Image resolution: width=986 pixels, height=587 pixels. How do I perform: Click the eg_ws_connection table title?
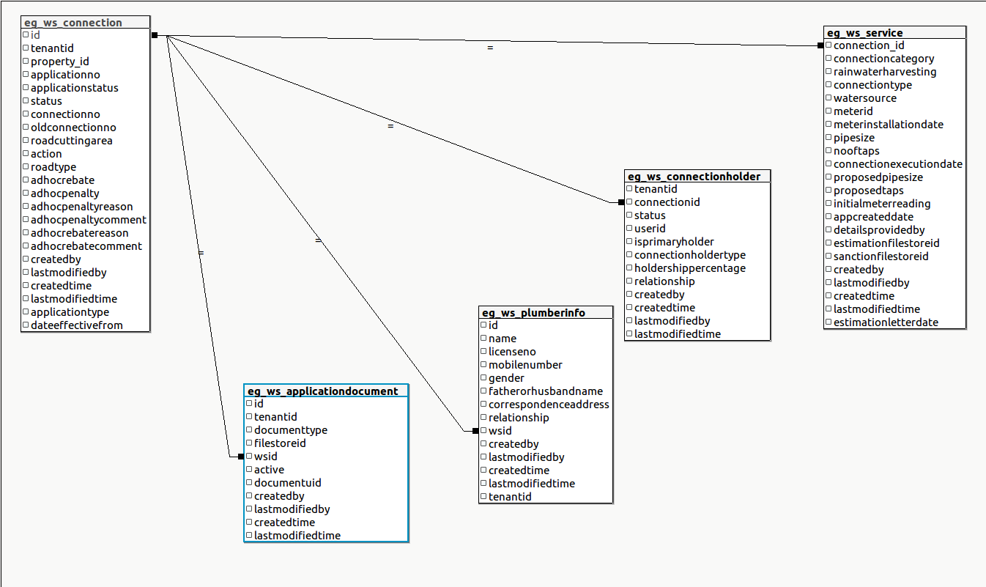pyautogui.click(x=73, y=23)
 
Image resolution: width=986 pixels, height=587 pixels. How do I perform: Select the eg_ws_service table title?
pyautogui.click(x=864, y=33)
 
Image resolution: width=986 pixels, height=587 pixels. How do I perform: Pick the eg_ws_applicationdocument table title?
pyautogui.click(x=322, y=391)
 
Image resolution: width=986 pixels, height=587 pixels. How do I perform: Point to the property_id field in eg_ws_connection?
pyautogui.click(x=60, y=62)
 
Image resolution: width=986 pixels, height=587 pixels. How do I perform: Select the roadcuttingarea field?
pyautogui.click(x=72, y=141)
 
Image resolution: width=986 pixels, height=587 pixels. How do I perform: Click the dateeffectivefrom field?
pyautogui.click(x=77, y=325)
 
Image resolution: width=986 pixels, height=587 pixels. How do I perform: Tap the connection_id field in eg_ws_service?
pyautogui.click(x=869, y=45)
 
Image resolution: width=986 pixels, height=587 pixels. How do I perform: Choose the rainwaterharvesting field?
pyautogui.click(x=885, y=72)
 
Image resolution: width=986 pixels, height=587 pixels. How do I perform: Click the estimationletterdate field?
pyautogui.click(x=886, y=322)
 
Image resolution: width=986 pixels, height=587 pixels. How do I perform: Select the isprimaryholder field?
pyautogui.click(x=674, y=242)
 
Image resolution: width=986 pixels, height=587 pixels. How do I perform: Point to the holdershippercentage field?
pyautogui.click(x=690, y=268)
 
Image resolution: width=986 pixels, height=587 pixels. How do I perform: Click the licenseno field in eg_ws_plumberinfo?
pyautogui.click(x=512, y=352)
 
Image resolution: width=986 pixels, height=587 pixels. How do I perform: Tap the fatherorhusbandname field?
pyautogui.click(x=546, y=391)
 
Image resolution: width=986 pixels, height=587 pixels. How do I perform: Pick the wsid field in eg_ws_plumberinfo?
pyautogui.click(x=500, y=431)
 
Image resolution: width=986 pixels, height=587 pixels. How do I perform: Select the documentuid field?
pyautogui.click(x=288, y=483)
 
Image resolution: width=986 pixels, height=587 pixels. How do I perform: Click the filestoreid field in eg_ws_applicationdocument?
pyautogui.click(x=280, y=443)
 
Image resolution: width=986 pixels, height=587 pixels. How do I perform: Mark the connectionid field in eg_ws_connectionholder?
pyautogui.click(x=667, y=202)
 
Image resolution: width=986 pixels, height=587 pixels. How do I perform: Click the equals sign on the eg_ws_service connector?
pyautogui.click(x=490, y=48)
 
